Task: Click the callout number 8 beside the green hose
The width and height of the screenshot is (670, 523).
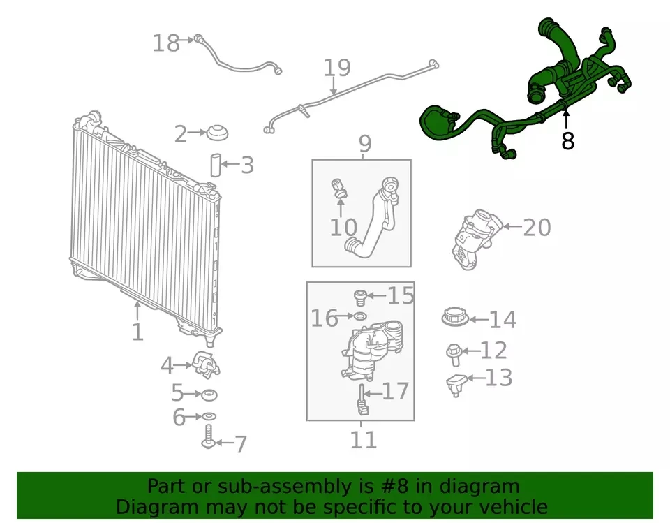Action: (x=567, y=140)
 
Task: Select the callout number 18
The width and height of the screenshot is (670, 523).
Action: (x=166, y=43)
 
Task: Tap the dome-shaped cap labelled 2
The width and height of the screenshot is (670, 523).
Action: (x=218, y=133)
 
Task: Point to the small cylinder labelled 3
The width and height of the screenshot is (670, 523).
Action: (x=216, y=165)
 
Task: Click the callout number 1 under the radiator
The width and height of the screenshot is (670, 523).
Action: (x=137, y=332)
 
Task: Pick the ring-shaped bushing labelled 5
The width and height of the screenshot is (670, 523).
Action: (x=209, y=395)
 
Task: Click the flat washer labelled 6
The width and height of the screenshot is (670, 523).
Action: (x=209, y=416)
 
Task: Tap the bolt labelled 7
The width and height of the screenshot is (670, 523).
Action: (x=209, y=436)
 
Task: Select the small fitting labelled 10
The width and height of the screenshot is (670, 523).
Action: (x=339, y=189)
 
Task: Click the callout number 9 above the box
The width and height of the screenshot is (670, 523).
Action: (x=365, y=144)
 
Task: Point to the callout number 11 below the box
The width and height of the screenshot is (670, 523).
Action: (x=363, y=440)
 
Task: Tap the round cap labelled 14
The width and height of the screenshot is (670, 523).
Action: (x=455, y=318)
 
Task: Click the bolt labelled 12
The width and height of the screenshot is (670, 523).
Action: (x=454, y=355)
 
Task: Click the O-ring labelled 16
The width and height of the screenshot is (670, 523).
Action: (x=360, y=316)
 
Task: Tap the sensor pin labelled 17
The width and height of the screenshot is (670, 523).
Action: (x=363, y=400)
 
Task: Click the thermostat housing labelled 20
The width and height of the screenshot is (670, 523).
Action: (x=475, y=240)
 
